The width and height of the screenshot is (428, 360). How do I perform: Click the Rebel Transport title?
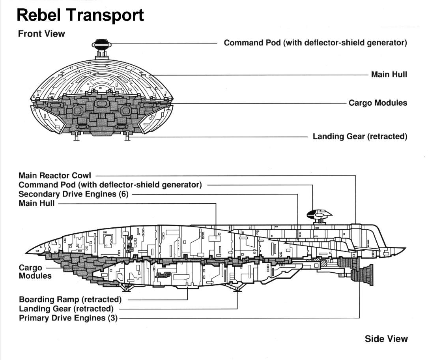point(80,15)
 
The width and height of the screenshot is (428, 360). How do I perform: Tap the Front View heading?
point(41,34)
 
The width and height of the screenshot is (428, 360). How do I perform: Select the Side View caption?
point(386,338)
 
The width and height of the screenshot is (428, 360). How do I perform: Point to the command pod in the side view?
point(319,215)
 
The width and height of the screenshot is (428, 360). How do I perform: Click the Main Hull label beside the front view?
point(389,74)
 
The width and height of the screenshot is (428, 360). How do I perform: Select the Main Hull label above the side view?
point(37,203)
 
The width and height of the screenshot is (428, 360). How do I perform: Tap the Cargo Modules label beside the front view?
point(378,103)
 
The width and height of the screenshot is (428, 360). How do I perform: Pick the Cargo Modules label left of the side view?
point(35,272)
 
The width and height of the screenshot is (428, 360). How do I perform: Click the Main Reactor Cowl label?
point(55,175)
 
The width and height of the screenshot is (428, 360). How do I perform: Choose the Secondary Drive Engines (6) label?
point(73,194)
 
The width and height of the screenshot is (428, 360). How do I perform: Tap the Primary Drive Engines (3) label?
point(68,318)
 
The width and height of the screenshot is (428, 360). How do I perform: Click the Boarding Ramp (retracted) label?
point(70,299)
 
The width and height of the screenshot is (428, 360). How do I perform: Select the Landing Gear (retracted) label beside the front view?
point(360,136)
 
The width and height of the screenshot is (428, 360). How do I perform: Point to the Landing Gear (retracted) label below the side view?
point(66,309)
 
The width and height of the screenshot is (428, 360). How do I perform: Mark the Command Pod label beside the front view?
point(315,43)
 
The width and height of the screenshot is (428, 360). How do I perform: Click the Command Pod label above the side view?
point(110,185)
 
